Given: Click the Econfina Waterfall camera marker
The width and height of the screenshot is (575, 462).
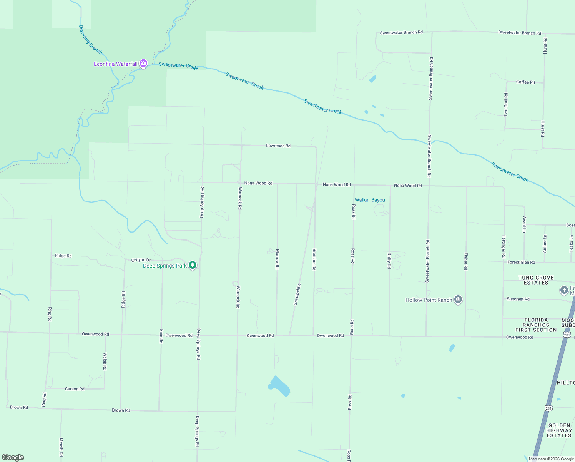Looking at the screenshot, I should point(143,63).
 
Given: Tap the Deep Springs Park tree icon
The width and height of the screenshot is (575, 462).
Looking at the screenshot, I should point(193,265).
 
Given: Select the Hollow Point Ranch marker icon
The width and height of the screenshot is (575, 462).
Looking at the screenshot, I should point(458,300).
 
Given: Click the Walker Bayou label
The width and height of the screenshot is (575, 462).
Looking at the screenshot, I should point(370,200).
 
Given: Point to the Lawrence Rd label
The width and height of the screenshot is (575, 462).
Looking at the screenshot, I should point(278,146).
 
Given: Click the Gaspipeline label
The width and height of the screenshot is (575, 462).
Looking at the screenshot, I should point(297,295).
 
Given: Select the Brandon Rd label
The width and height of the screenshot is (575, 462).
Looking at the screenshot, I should point(314,259).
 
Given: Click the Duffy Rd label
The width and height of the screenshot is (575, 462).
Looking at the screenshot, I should point(389,261).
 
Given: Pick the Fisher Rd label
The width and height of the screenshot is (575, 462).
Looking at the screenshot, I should point(466,261).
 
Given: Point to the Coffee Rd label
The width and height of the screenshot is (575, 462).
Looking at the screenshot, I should point(525,82).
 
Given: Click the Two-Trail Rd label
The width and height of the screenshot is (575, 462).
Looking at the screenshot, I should point(506,105).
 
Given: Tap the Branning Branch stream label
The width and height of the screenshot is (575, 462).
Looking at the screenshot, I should point(90,40).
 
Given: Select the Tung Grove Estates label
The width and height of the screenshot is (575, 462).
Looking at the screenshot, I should point(536,280).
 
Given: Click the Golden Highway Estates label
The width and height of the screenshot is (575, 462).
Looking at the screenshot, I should point(559,430).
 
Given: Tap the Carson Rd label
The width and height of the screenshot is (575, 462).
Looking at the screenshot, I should point(75,389).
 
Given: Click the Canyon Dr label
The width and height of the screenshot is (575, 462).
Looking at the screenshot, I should point(141,260).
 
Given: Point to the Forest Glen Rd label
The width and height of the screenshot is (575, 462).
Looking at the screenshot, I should point(521,262).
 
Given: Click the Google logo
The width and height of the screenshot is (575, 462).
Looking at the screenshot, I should point(13,457).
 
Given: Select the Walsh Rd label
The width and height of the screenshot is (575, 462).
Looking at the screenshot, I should point(105,362).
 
